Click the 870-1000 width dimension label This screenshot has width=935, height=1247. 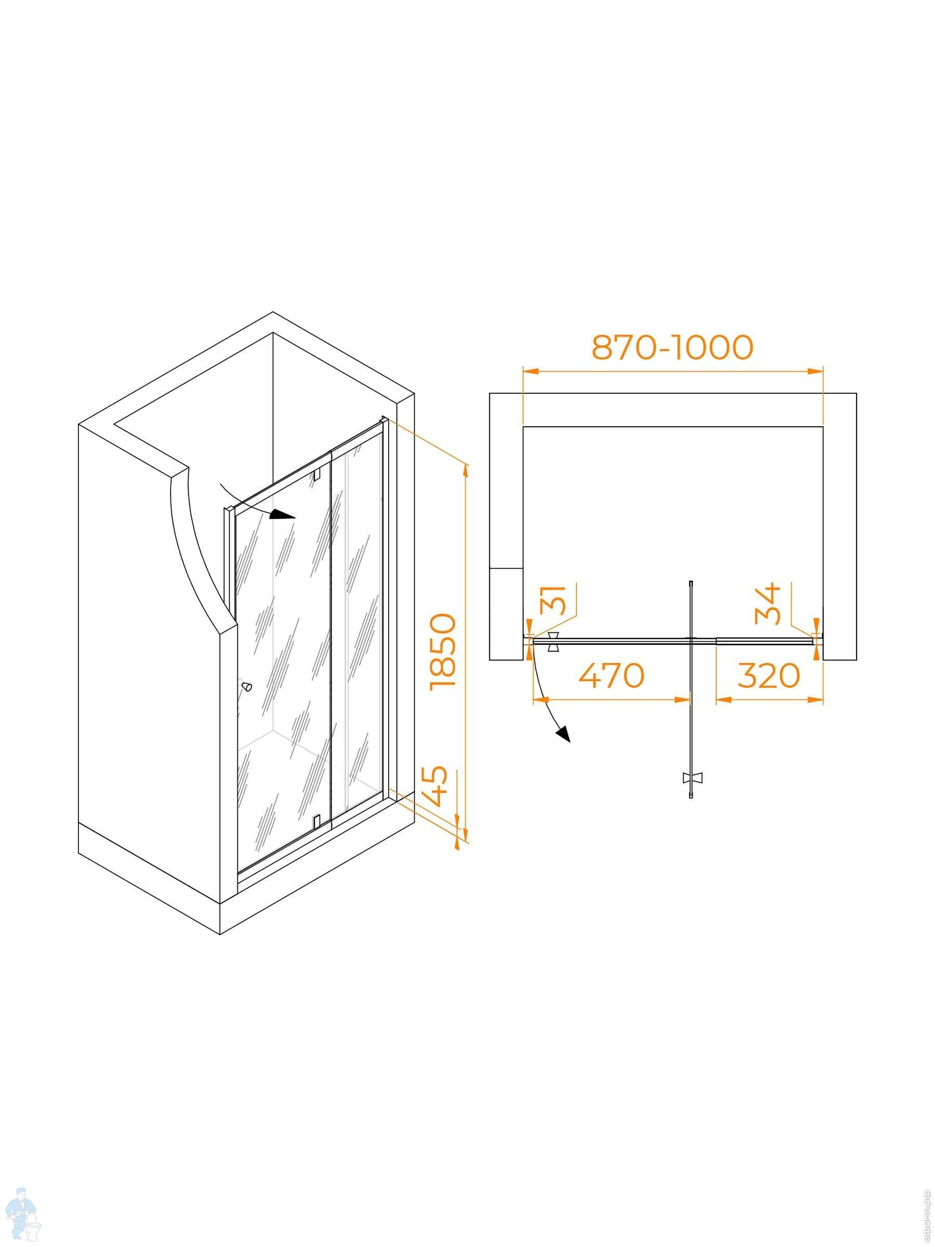(x=672, y=348)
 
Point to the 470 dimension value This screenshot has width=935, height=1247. (x=611, y=675)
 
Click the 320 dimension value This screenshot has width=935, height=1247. (x=769, y=675)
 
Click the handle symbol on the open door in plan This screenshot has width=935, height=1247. (x=691, y=778)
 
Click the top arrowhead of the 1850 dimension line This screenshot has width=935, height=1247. (x=465, y=469)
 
